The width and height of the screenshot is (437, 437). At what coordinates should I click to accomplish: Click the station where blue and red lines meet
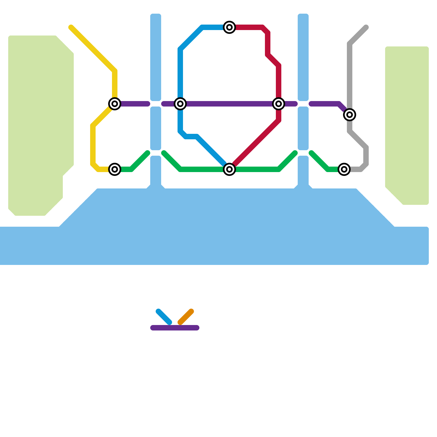[229, 27]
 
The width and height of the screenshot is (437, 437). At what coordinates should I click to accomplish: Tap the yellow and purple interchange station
[115, 104]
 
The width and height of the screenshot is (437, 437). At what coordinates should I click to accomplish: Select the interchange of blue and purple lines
[180, 104]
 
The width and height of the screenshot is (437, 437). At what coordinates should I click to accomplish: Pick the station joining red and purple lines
[279, 104]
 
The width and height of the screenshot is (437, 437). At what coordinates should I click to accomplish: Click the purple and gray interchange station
[350, 115]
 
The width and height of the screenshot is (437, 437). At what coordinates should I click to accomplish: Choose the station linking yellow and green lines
[115, 169]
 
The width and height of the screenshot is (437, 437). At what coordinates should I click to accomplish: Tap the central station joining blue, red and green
[229, 169]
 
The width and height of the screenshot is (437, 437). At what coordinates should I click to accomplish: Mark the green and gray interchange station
[344, 169]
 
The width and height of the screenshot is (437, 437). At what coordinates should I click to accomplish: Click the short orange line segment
[186, 317]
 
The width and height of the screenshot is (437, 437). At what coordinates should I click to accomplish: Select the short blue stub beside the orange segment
[164, 317]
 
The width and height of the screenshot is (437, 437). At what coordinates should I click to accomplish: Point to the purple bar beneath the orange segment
[175, 328]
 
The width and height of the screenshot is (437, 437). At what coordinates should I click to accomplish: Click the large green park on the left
[38, 123]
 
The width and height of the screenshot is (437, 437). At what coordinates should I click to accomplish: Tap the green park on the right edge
[407, 123]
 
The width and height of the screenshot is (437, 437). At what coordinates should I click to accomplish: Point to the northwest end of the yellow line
[71, 27]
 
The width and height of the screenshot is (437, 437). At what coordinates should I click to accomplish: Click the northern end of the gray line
[366, 27]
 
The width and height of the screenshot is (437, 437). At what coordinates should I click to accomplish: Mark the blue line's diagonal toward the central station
[210, 150]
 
